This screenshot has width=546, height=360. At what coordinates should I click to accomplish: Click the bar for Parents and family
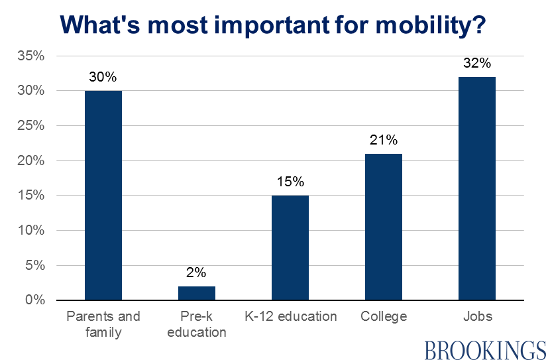[x=103, y=196]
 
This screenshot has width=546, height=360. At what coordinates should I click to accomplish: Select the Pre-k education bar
[x=197, y=293]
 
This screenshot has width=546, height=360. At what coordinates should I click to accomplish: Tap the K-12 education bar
[x=290, y=248]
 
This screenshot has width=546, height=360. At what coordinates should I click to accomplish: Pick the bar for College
[x=383, y=227]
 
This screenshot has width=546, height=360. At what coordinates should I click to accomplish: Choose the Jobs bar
[x=476, y=189]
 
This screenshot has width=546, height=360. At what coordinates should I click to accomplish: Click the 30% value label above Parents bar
[x=103, y=78]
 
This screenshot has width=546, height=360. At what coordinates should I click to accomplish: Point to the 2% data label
[x=197, y=272]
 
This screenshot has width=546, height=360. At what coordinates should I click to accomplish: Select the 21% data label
[x=383, y=140]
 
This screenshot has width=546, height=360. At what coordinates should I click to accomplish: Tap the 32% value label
[x=476, y=64]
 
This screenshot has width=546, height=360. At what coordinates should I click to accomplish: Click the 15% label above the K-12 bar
[x=290, y=182]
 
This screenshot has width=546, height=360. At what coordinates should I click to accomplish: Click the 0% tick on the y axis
[x=34, y=300]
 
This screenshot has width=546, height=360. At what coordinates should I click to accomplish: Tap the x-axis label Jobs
[x=477, y=316]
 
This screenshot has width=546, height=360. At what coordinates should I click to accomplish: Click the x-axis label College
[x=384, y=316]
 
